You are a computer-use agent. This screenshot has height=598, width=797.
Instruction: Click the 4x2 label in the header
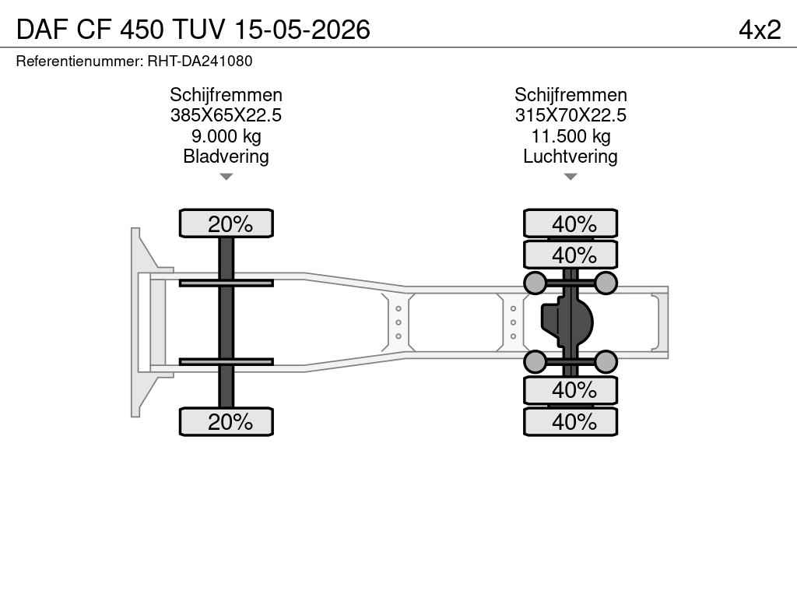tap(760, 30)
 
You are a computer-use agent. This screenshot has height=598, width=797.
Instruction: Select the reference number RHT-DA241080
tap(200, 61)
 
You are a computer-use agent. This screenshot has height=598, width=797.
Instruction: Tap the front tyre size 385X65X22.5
tap(226, 115)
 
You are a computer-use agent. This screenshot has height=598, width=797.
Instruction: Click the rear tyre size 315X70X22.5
tap(571, 115)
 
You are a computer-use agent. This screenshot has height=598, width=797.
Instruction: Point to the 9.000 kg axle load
tap(226, 136)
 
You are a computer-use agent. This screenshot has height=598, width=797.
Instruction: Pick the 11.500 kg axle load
tap(571, 136)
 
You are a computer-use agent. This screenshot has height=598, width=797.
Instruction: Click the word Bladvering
tap(226, 156)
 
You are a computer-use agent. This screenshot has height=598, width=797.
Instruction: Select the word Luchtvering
tap(571, 156)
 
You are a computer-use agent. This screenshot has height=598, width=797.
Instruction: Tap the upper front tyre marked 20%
tap(226, 223)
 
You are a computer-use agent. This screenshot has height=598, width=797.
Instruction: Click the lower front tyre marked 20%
tap(226, 421)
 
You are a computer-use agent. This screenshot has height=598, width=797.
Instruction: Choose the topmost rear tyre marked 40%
tap(571, 223)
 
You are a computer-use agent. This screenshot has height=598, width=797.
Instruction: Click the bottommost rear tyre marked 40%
tap(571, 421)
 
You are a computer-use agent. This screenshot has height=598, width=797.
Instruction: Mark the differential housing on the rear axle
tap(567, 322)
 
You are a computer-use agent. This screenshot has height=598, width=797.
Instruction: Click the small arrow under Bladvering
tap(226, 177)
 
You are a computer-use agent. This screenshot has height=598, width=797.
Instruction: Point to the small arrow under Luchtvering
tap(571, 177)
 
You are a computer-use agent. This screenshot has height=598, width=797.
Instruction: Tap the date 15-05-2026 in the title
tap(303, 30)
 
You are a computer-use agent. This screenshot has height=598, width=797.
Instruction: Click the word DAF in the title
tap(42, 30)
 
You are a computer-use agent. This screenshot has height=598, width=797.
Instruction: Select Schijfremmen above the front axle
tap(226, 94)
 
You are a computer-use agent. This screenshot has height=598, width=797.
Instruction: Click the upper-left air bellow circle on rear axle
tap(535, 283)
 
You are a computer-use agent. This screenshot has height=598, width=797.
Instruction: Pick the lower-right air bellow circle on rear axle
tap(606, 361)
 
